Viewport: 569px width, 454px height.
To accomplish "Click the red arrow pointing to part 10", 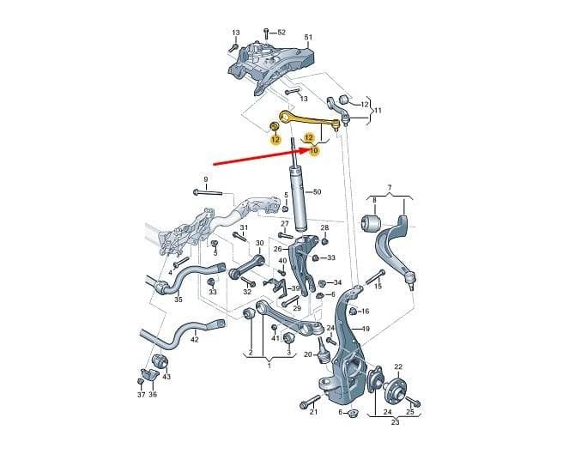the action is [261, 156].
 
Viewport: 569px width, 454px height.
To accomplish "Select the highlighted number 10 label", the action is [314, 150].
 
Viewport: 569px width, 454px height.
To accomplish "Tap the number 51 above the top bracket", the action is [308, 38].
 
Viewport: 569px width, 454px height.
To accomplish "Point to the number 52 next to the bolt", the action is [281, 33].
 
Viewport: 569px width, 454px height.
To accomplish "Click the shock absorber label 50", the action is [317, 191].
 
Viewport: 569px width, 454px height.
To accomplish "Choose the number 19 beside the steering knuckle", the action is [366, 329].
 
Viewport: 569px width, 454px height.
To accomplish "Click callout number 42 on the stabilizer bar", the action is [195, 340].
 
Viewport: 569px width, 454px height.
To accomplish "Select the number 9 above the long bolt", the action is [206, 179].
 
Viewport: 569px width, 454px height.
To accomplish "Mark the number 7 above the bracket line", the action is [390, 188].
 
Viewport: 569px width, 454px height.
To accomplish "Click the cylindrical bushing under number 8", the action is [371, 222].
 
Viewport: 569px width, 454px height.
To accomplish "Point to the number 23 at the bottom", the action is [395, 422].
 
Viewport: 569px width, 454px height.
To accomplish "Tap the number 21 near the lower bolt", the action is [313, 412].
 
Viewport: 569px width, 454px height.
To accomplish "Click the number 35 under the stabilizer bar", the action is [179, 300].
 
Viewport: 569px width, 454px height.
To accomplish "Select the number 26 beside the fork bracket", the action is [277, 249].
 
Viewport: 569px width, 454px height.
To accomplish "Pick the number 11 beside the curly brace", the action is [378, 110].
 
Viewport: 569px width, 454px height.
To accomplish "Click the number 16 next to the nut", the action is [365, 311].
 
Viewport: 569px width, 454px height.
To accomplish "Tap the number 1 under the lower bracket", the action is [269, 366].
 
